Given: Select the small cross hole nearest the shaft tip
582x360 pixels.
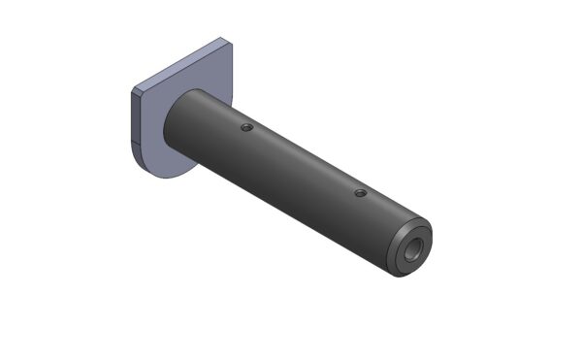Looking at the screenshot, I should tap(360, 193).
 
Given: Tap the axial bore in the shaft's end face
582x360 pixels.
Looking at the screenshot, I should tap(415, 248).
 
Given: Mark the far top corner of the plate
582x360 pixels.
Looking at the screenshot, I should tap(226, 40).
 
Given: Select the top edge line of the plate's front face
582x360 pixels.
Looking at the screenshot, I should tap(190, 66).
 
